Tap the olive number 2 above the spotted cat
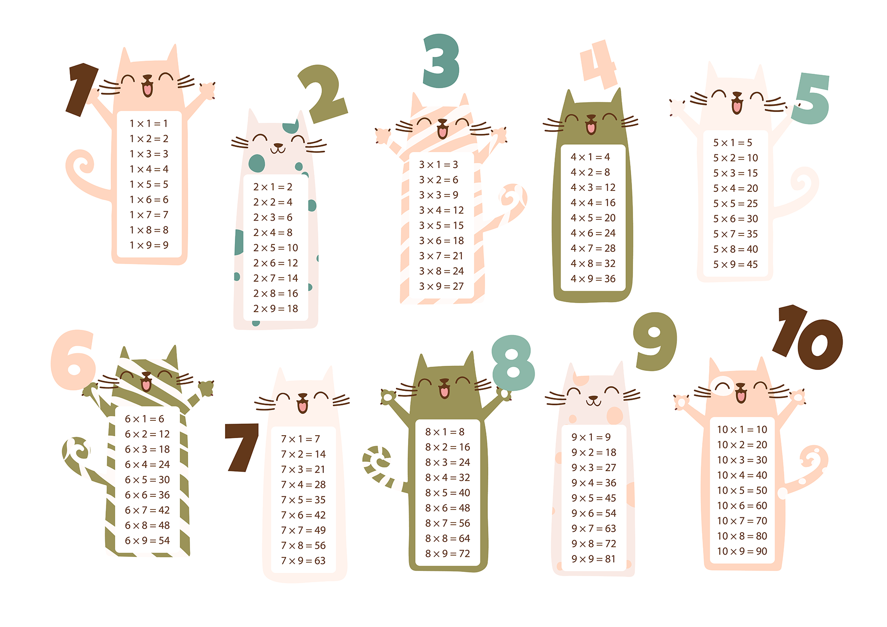tap(323, 93)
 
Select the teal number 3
tap(441, 61)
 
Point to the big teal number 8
tap(513, 363)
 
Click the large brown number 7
tap(242, 447)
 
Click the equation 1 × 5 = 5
tap(149, 184)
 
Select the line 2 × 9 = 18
tap(275, 308)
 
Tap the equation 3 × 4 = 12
tap(441, 210)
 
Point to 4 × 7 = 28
tap(593, 248)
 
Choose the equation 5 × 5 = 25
tap(735, 203)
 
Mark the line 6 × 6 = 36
tap(147, 495)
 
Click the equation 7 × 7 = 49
tap(303, 530)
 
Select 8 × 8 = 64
tap(447, 538)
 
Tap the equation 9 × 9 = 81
tap(593, 559)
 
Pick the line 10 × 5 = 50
tap(742, 490)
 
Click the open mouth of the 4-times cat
tap(591, 126)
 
